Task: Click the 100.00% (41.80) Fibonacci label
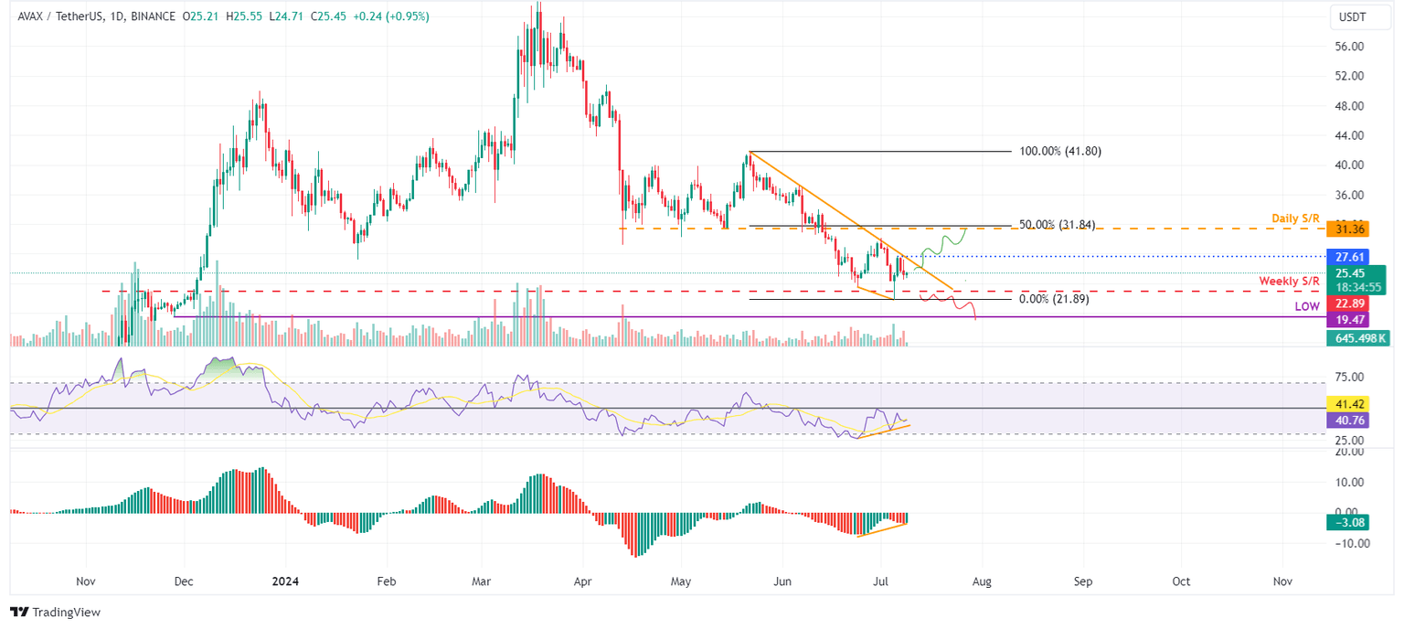[1060, 151]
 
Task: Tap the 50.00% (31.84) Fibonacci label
[1057, 225]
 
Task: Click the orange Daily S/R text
[1295, 219]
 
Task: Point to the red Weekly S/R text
[1289, 281]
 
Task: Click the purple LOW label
[1307, 307]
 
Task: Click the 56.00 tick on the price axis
[1349, 47]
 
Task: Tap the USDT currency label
[1352, 16]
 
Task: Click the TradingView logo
[55, 612]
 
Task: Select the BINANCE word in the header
[152, 16]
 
